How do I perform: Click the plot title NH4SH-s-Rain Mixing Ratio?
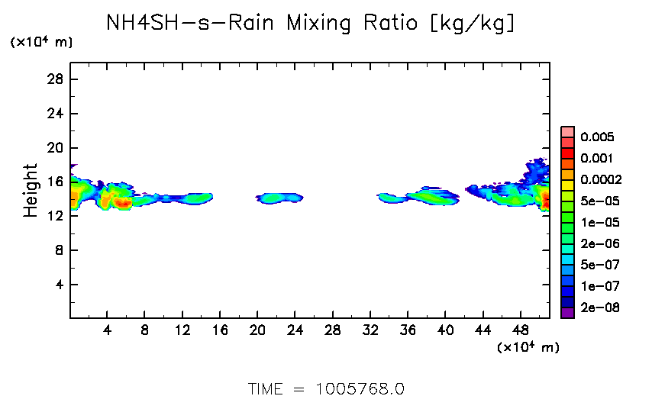coord(311,24)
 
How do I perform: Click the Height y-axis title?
coord(31,190)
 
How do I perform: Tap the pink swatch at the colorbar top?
coord(567,132)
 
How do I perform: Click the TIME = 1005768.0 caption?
coord(326,388)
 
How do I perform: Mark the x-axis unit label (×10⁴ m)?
coord(528,347)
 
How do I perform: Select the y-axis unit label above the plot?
coord(41,43)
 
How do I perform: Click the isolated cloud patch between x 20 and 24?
coord(279,198)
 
